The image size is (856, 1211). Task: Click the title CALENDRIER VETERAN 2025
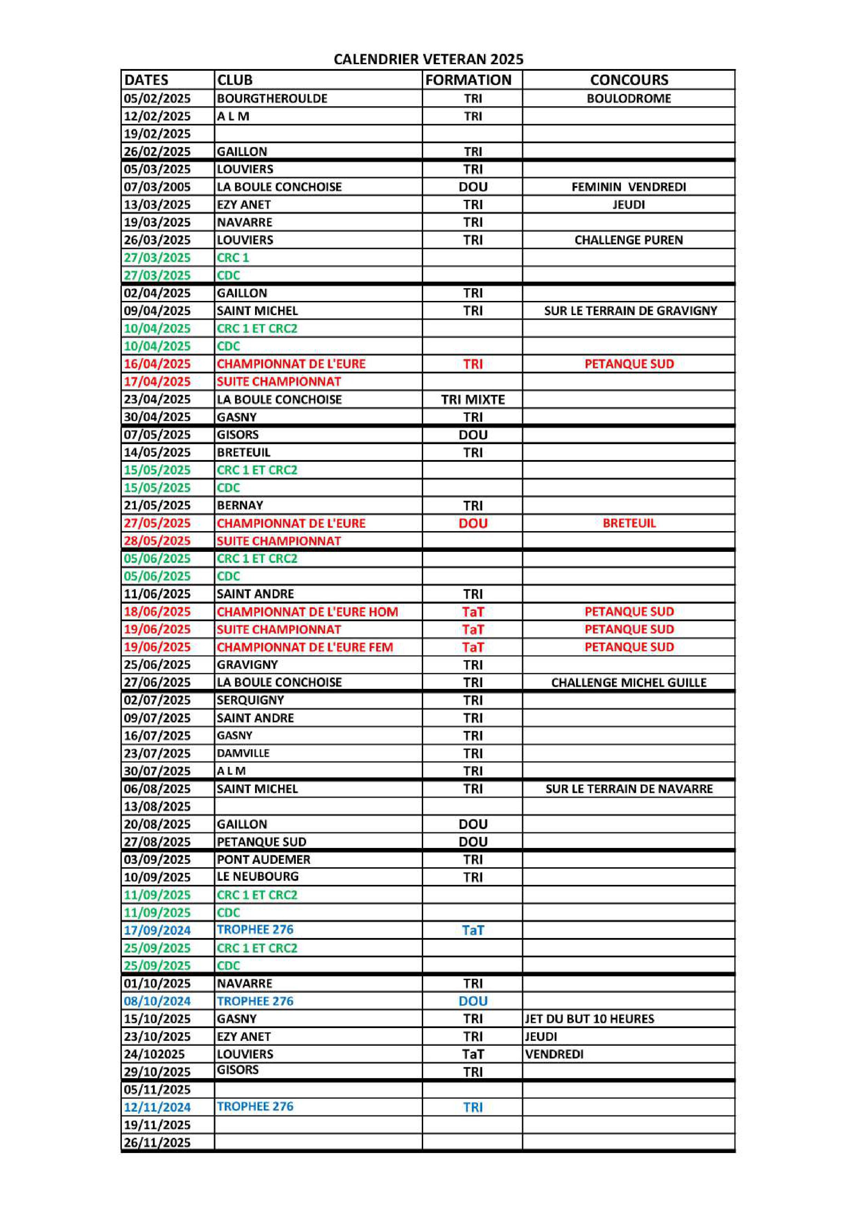[428, 59]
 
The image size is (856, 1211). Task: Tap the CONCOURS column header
[629, 80]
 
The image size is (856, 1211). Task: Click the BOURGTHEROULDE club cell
[272, 99]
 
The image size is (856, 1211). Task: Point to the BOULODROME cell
[629, 99]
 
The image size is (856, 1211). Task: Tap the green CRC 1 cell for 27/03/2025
[233, 258]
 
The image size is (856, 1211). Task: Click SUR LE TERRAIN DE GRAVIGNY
[630, 311]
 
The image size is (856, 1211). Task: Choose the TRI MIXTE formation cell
[473, 400]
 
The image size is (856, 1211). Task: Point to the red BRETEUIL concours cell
[629, 523]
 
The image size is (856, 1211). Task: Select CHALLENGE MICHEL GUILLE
[629, 683]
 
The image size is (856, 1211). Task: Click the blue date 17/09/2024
[157, 930]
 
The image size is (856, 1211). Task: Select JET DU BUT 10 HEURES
[589, 1019]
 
